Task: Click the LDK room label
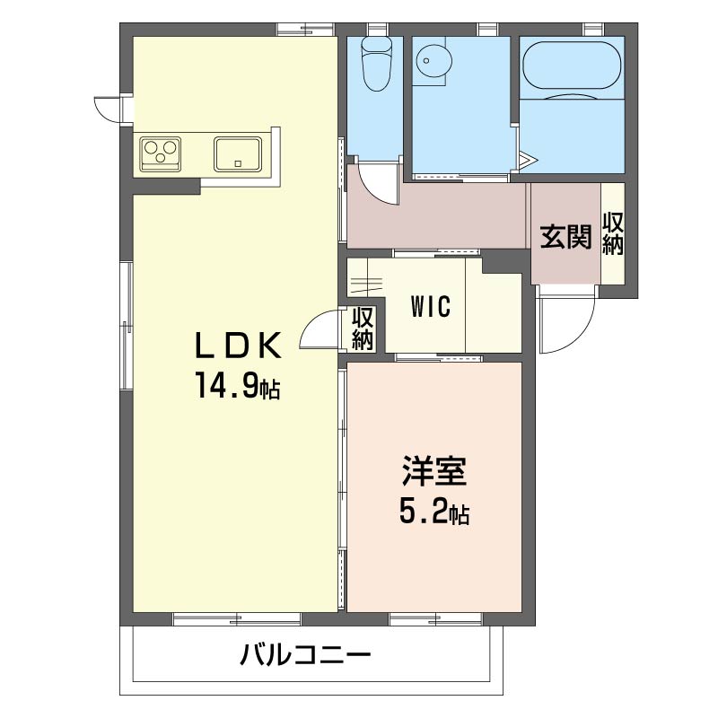click(240, 345)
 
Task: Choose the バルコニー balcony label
click(305, 655)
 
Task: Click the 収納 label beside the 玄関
click(613, 232)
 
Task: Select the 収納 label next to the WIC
click(363, 328)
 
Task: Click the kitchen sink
click(238, 153)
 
